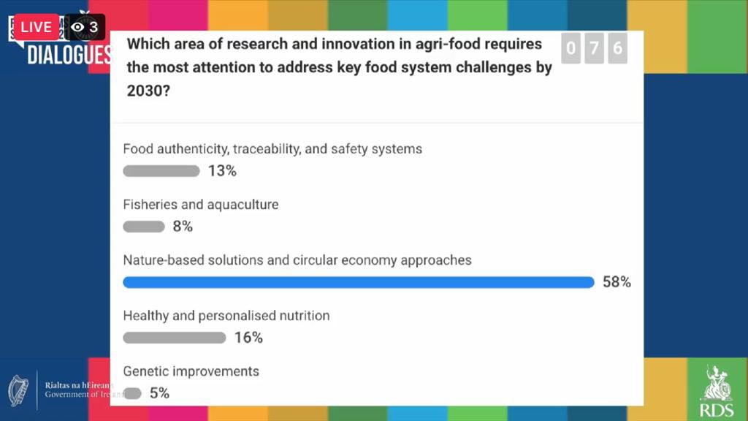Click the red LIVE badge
tap(36, 27)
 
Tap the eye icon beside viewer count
tap(77, 27)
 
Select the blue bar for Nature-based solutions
tap(358, 282)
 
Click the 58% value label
tap(617, 282)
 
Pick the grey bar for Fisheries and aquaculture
tap(144, 227)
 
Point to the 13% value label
tap(222, 171)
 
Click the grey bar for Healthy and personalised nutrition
tap(174, 338)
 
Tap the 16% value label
tap(248, 338)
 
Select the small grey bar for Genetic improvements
tap(132, 393)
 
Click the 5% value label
tap(159, 393)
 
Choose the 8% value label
tap(183, 227)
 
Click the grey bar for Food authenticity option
tap(161, 171)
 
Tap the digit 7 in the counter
tap(594, 49)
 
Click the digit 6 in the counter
tap(617, 49)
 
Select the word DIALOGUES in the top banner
tap(69, 55)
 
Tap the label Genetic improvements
tap(191, 371)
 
